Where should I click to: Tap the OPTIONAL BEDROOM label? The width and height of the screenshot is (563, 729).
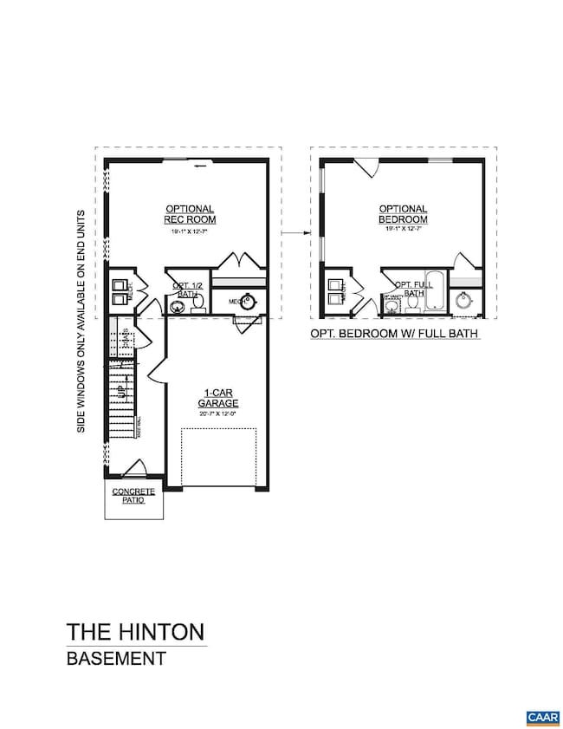403,214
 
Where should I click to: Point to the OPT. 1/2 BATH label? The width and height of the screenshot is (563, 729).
187,290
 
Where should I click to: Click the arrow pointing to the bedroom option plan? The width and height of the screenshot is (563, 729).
295,232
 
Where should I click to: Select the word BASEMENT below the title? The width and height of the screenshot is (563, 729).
116,658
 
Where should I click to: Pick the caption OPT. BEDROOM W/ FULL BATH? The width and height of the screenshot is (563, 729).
395,334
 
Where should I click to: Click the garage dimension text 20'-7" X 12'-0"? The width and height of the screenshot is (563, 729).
217,414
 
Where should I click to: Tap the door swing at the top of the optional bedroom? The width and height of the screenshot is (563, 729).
365,166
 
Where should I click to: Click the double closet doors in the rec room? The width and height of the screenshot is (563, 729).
238,261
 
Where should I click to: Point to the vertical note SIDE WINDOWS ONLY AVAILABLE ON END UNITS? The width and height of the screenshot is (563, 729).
81,321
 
